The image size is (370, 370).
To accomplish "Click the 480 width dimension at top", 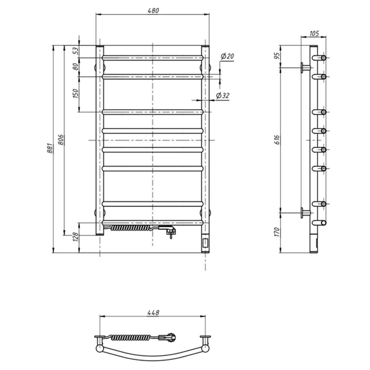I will click(152, 10).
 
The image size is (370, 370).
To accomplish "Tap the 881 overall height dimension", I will click(50, 149).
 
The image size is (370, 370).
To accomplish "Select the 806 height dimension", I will click(61, 140).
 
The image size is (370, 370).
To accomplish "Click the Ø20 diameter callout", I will click(228, 56).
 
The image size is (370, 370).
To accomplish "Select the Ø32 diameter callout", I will click(223, 95).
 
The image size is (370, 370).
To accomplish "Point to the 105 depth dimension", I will click(314, 34).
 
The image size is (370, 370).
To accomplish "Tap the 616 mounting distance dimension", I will click(277, 139).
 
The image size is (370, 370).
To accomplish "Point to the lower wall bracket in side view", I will click(305, 212).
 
